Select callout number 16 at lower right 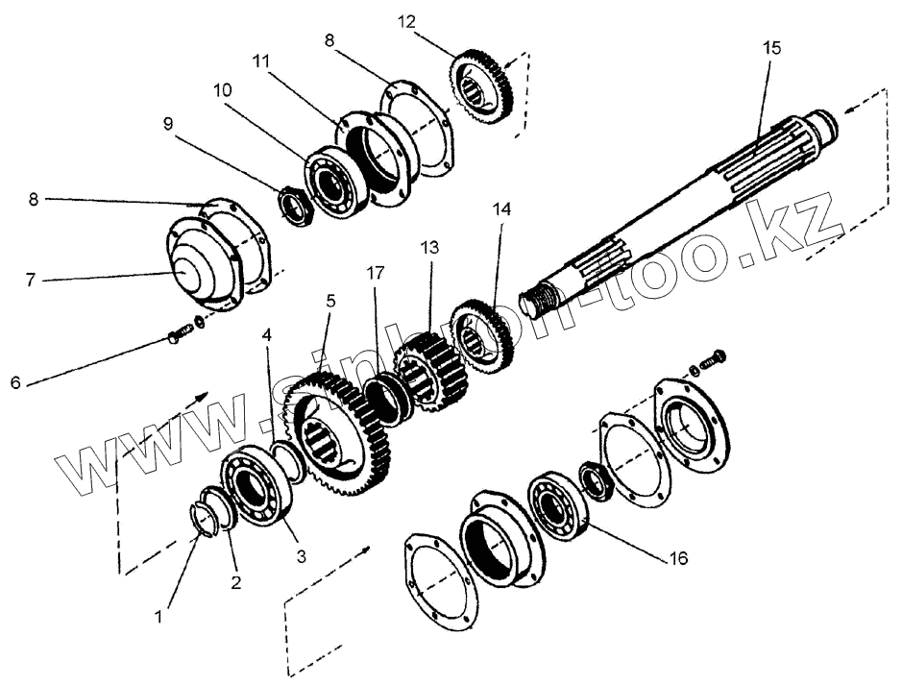pos(678,556)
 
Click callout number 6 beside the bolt pos(15,382)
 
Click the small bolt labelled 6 pos(179,335)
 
